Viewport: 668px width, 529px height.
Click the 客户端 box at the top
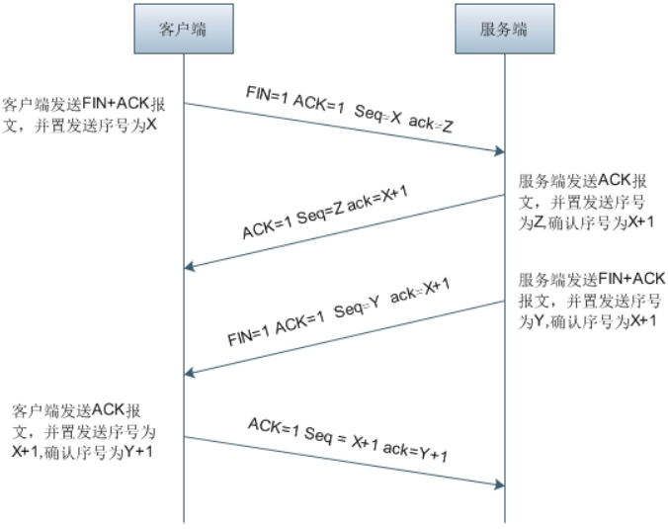click(x=184, y=29)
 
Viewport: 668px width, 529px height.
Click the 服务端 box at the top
click(x=504, y=29)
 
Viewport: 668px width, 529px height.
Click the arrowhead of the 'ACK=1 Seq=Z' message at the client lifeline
click(x=190, y=267)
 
